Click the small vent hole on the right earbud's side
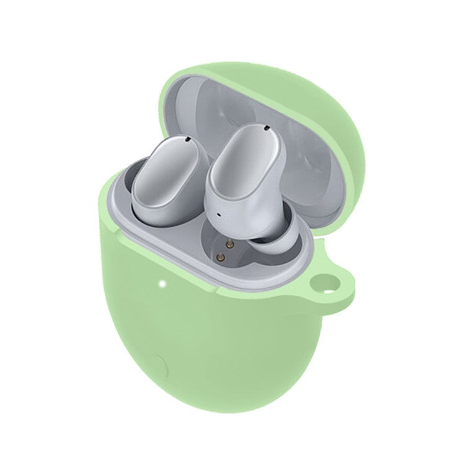(218, 215)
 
